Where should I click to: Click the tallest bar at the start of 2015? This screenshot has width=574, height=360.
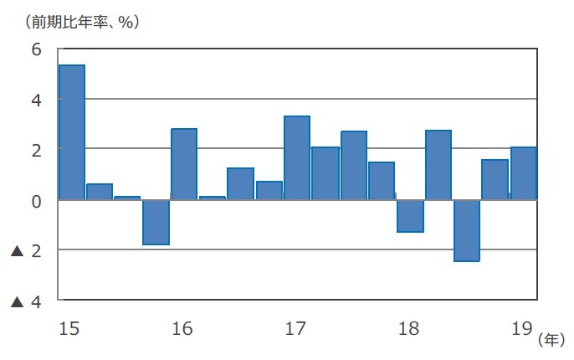coord(72,132)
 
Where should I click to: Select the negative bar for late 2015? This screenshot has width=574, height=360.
coord(156,222)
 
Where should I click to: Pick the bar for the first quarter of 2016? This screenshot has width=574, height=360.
coord(184,164)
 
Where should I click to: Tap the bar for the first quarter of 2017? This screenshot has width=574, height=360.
coord(297,158)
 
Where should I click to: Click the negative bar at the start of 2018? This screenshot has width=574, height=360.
coord(410,215)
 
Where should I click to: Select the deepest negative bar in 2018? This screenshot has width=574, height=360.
coord(466,230)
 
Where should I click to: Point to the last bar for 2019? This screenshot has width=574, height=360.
coord(524,173)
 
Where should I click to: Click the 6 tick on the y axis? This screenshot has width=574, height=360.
coord(37,49)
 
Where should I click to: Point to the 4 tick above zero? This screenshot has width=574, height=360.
coord(37,100)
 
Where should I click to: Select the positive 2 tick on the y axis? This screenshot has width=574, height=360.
coord(37,150)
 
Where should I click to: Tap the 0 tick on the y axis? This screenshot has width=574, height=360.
coord(37,200)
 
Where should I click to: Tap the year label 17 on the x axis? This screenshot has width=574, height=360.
coord(295,327)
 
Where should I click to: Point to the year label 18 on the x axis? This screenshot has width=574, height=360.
coord(408,327)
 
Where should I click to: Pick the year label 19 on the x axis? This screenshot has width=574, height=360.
coord(521,327)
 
